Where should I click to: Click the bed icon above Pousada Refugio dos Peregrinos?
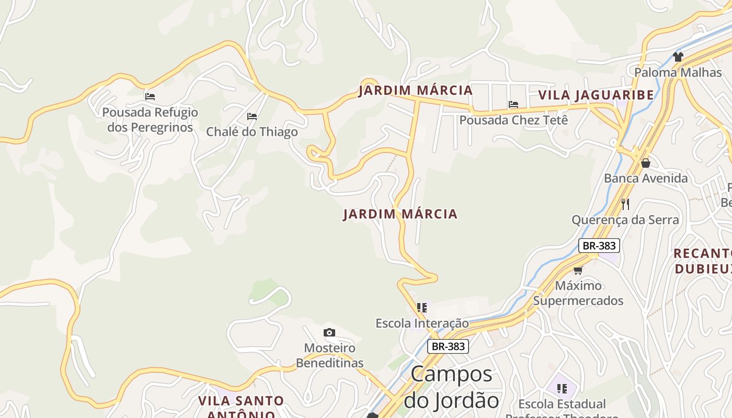(x=150, y=96)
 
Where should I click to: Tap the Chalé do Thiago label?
(x=252, y=132)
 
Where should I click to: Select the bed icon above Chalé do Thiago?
(x=252, y=116)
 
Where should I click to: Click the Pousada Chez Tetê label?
(x=513, y=120)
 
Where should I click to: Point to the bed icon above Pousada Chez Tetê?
(x=513, y=104)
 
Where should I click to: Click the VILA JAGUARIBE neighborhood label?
(x=596, y=95)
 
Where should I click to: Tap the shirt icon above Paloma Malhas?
(x=678, y=56)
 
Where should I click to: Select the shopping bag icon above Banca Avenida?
(x=646, y=163)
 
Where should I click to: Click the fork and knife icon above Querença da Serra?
(x=625, y=204)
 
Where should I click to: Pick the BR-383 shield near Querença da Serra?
(x=599, y=246)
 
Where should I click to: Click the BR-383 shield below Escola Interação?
(x=448, y=346)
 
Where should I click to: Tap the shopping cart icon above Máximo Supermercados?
(x=578, y=270)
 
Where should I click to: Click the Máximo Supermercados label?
(x=578, y=293)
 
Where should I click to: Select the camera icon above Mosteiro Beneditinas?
(x=329, y=332)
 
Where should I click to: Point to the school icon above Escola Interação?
(x=422, y=308)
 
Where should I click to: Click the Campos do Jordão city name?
(x=452, y=387)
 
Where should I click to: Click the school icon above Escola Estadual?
(x=562, y=388)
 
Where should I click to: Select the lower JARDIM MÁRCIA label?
(x=400, y=214)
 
